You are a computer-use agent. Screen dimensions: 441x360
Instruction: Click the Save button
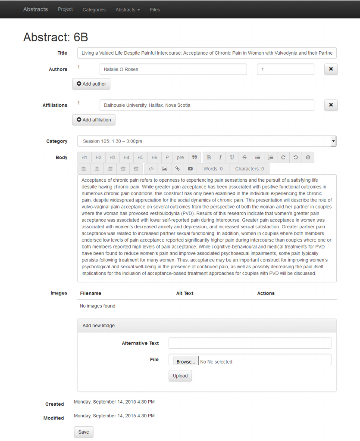[84, 432]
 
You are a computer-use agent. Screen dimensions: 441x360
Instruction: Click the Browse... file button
[185, 362]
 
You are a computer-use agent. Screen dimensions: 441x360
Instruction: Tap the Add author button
[91, 84]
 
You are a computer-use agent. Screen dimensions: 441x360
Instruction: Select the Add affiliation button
[94, 120]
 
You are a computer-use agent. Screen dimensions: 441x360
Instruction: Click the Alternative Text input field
[250, 343]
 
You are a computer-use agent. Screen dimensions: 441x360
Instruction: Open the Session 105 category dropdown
[207, 141]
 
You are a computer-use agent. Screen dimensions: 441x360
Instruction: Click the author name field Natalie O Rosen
[173, 69]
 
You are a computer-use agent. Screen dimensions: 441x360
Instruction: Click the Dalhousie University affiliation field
[207, 105]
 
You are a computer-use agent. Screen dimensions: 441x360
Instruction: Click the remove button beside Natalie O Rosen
[331, 69]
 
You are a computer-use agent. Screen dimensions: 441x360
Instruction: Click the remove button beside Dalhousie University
[331, 105]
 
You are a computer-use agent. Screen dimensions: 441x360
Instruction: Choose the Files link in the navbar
[155, 9]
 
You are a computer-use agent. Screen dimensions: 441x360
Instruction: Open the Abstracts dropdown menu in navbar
[127, 9]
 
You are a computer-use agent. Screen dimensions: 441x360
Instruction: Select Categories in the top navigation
[94, 9]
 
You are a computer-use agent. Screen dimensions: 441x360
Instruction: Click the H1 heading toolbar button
[85, 158]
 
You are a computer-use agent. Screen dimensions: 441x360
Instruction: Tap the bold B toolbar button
[209, 158]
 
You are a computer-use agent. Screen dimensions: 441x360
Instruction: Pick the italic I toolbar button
[220, 158]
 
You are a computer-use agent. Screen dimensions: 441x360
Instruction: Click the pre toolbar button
[180, 158]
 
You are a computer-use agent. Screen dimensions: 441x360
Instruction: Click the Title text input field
[207, 53]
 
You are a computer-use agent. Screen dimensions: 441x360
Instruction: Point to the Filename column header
[91, 293]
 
